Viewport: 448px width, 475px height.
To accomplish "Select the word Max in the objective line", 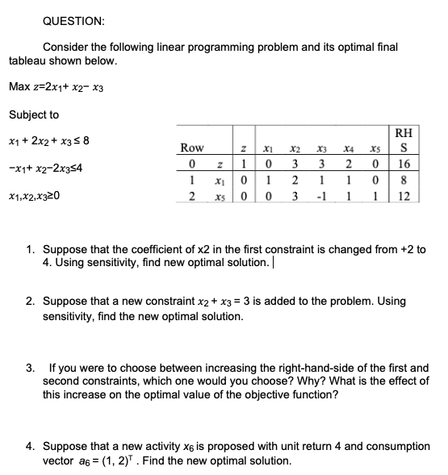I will click(19, 86).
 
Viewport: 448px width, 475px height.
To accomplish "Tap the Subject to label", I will click(33, 115).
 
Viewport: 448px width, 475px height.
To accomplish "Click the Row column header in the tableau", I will click(192, 148).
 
